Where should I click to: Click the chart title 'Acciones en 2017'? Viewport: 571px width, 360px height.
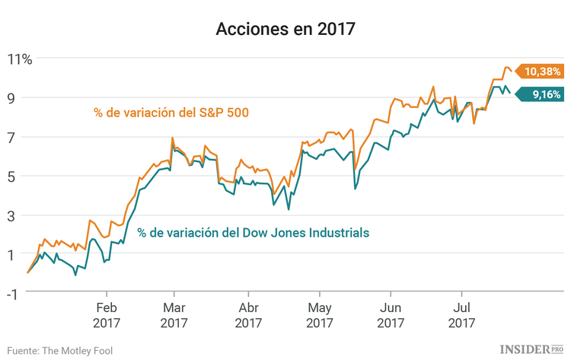point(285,30)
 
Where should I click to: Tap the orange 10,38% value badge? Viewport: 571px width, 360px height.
point(541,72)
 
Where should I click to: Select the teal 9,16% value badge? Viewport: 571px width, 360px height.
point(541,94)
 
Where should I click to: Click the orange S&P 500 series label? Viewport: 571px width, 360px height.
point(172,113)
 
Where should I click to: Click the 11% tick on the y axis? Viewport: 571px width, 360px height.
point(21,59)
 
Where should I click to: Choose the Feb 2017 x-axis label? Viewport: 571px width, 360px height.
point(107,316)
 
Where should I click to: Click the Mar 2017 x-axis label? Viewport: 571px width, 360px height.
point(174,316)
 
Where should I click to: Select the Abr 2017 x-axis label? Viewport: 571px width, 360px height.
point(248,316)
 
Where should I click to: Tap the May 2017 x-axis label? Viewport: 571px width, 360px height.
point(320,316)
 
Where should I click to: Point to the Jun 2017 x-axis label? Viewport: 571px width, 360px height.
point(391,316)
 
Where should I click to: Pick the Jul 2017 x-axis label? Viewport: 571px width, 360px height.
point(460,316)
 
